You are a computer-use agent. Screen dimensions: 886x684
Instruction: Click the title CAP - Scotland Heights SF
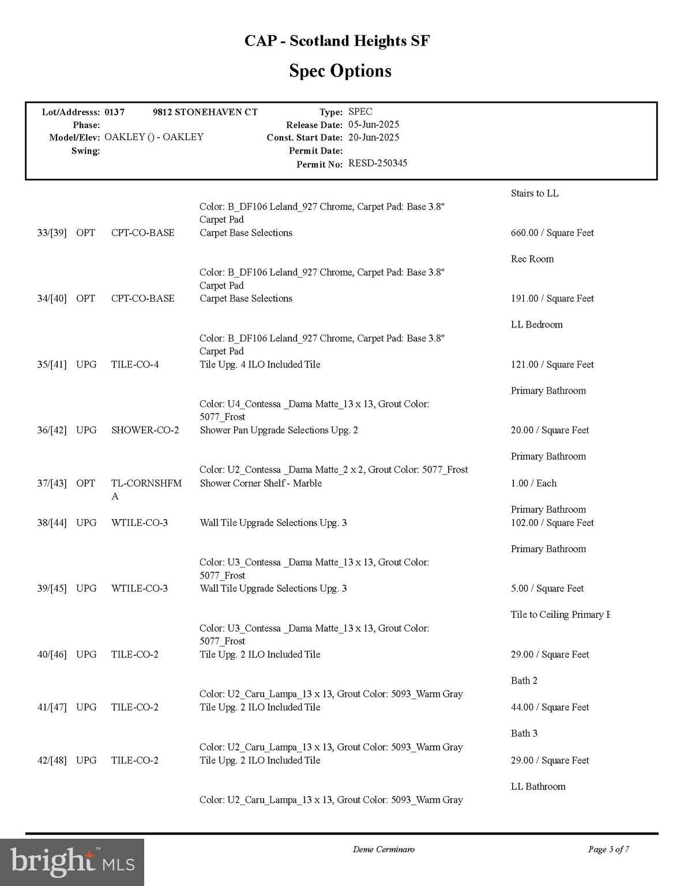click(x=337, y=41)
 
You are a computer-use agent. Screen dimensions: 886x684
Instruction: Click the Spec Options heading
click(x=340, y=71)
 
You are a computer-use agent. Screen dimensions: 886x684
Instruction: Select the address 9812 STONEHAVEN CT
click(x=205, y=112)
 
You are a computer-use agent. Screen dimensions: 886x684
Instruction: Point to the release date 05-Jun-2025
click(x=374, y=125)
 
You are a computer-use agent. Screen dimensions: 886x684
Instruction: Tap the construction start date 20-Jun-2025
click(x=374, y=137)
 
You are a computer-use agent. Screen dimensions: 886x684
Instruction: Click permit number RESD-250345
click(x=378, y=163)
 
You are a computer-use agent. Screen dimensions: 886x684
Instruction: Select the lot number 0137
click(x=114, y=112)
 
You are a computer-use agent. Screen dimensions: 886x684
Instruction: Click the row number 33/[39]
click(x=52, y=233)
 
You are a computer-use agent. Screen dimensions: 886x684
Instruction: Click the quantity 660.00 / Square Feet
click(x=552, y=233)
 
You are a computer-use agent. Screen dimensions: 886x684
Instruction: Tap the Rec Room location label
click(x=532, y=259)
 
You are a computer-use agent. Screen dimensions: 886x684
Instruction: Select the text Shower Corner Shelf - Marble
click(x=261, y=483)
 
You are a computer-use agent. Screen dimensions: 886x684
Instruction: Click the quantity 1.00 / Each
click(x=533, y=483)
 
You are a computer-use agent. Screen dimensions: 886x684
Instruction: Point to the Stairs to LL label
click(x=534, y=193)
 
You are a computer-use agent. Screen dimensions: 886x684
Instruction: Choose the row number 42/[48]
click(x=52, y=760)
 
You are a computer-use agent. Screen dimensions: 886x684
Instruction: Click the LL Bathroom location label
click(x=538, y=786)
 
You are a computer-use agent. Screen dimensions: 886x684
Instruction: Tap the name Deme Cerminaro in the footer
click(x=384, y=849)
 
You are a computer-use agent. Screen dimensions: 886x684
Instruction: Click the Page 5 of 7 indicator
click(x=608, y=849)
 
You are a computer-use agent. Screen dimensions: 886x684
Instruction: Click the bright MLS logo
click(x=72, y=862)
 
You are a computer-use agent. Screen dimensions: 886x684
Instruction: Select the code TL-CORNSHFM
click(x=146, y=483)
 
